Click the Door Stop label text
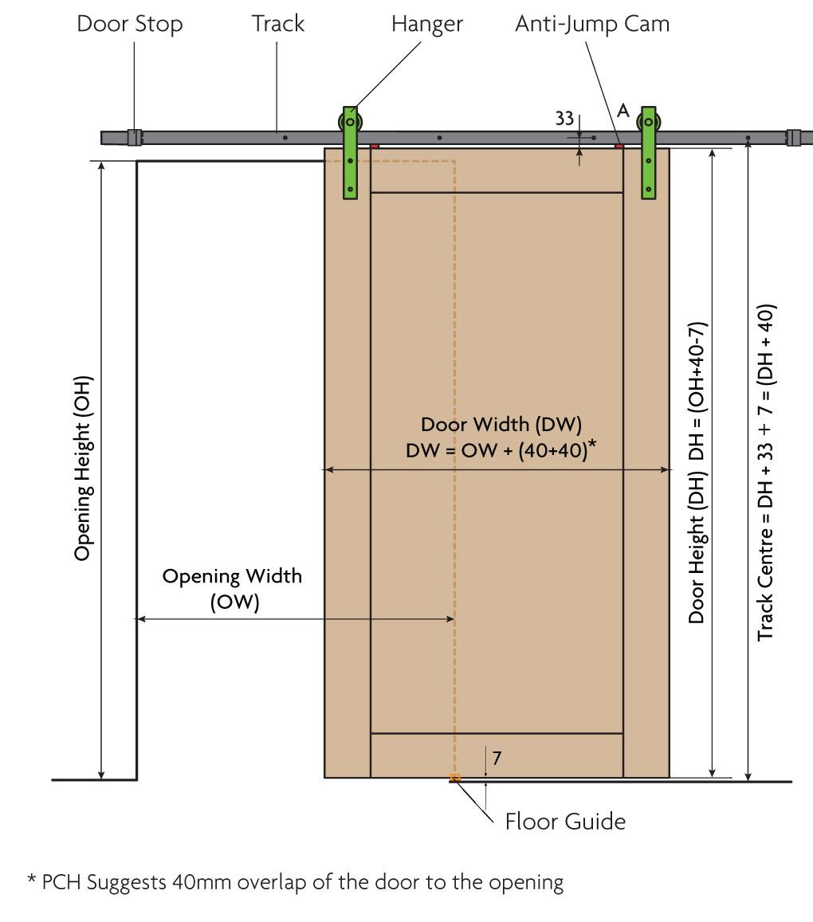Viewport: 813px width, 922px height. click(x=129, y=24)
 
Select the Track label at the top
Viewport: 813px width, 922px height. click(x=277, y=24)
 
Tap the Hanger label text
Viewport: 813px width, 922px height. click(x=426, y=24)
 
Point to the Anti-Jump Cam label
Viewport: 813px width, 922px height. click(x=592, y=24)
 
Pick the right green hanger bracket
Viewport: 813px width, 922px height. click(x=649, y=152)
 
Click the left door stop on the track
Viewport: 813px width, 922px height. click(x=134, y=137)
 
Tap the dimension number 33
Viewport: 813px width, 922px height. click(x=564, y=119)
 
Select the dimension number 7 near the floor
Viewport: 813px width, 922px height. click(x=497, y=757)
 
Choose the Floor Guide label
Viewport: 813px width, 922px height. click(x=565, y=821)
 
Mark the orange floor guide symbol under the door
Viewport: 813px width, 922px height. click(x=454, y=777)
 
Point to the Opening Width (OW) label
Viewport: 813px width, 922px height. click(x=232, y=588)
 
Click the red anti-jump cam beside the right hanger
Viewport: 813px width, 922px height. click(x=619, y=146)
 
